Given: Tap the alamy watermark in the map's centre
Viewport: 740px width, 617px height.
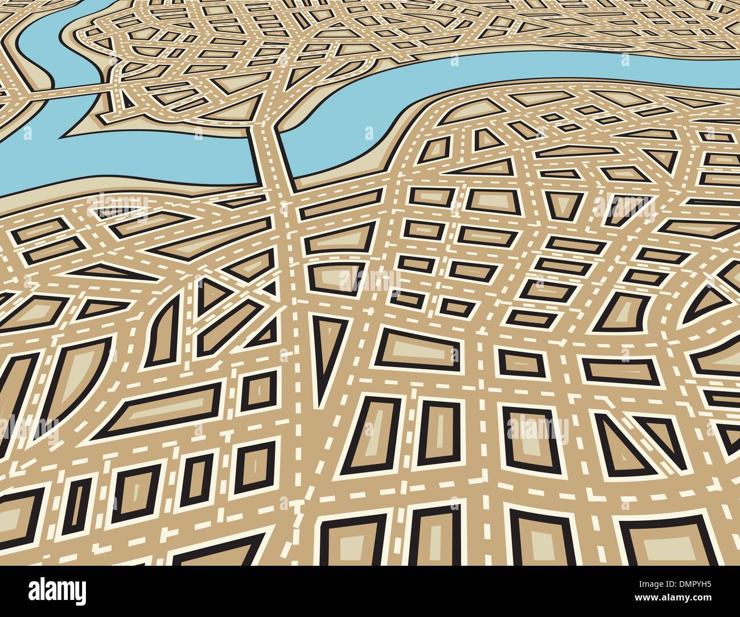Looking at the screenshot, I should (x=370, y=278).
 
